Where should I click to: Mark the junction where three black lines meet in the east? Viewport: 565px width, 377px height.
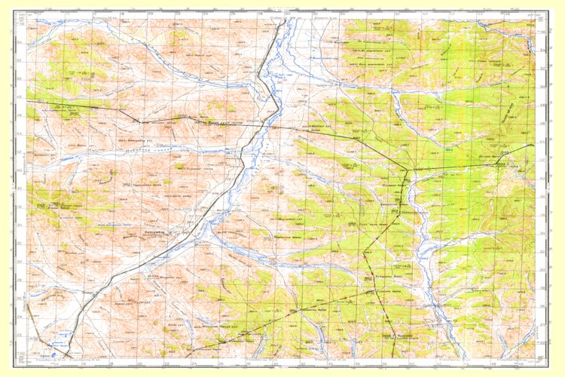click(408, 169)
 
